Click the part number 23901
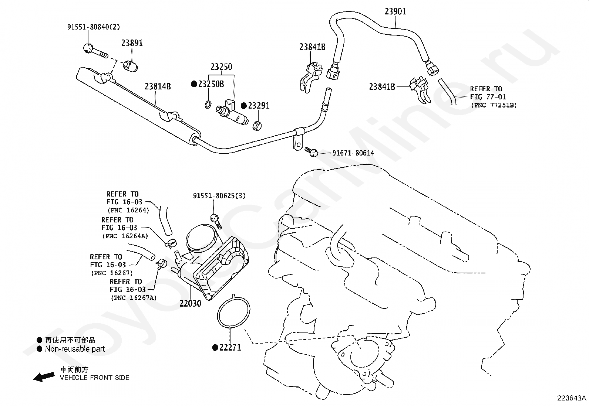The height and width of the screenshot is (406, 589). tap(396, 11)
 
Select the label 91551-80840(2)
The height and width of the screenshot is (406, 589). tap(94, 27)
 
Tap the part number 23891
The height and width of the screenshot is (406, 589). tap(132, 43)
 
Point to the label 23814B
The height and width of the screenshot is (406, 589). tap(158, 86)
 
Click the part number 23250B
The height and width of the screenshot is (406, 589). tap(211, 84)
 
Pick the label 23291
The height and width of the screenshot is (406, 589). tap(259, 106)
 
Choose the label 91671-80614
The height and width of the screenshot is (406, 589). tap(353, 153)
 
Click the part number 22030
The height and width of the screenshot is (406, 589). tap(191, 304)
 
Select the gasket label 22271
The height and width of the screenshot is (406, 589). tap(230, 347)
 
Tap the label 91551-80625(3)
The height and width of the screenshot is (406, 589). tap(219, 196)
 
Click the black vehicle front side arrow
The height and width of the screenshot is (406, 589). tap(44, 377)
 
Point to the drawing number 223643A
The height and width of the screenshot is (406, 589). tap(572, 398)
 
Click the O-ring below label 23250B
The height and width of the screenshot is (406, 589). tap(208, 105)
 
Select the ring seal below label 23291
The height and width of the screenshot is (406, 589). tap(257, 126)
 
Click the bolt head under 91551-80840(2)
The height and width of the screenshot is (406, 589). tap(88, 48)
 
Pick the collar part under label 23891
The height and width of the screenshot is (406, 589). tap(131, 66)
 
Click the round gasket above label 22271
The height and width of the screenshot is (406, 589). tap(233, 311)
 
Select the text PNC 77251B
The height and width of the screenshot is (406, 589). tap(494, 105)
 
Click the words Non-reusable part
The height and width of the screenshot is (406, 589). tap(75, 349)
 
